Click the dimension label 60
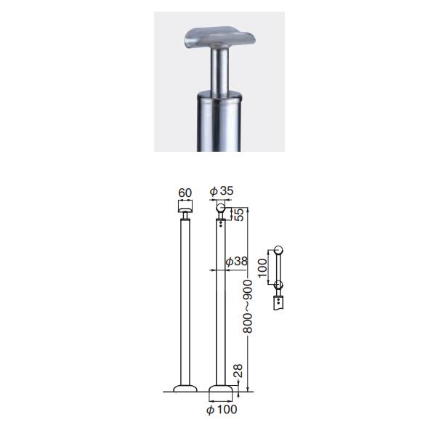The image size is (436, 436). [185, 193]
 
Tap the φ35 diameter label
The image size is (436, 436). [222, 191]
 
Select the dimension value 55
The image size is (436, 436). [239, 214]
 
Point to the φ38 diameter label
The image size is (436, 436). [236, 262]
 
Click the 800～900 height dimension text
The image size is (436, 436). [248, 307]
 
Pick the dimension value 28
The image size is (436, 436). [238, 371]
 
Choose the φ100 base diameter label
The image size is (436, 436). [222, 410]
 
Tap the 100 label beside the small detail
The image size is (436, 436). [262, 268]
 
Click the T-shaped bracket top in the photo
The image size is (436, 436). [219, 38]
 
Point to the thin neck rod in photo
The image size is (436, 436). [219, 72]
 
